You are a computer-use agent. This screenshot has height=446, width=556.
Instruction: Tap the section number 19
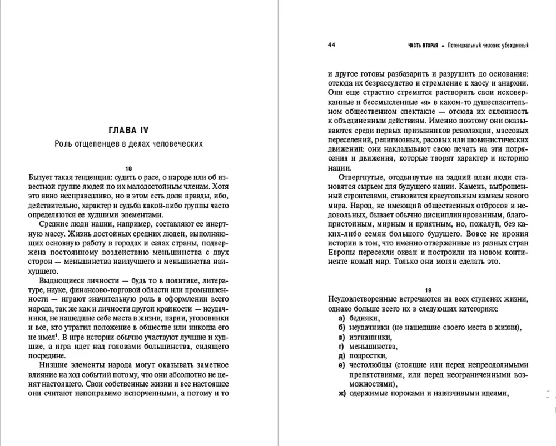click(428, 290)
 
